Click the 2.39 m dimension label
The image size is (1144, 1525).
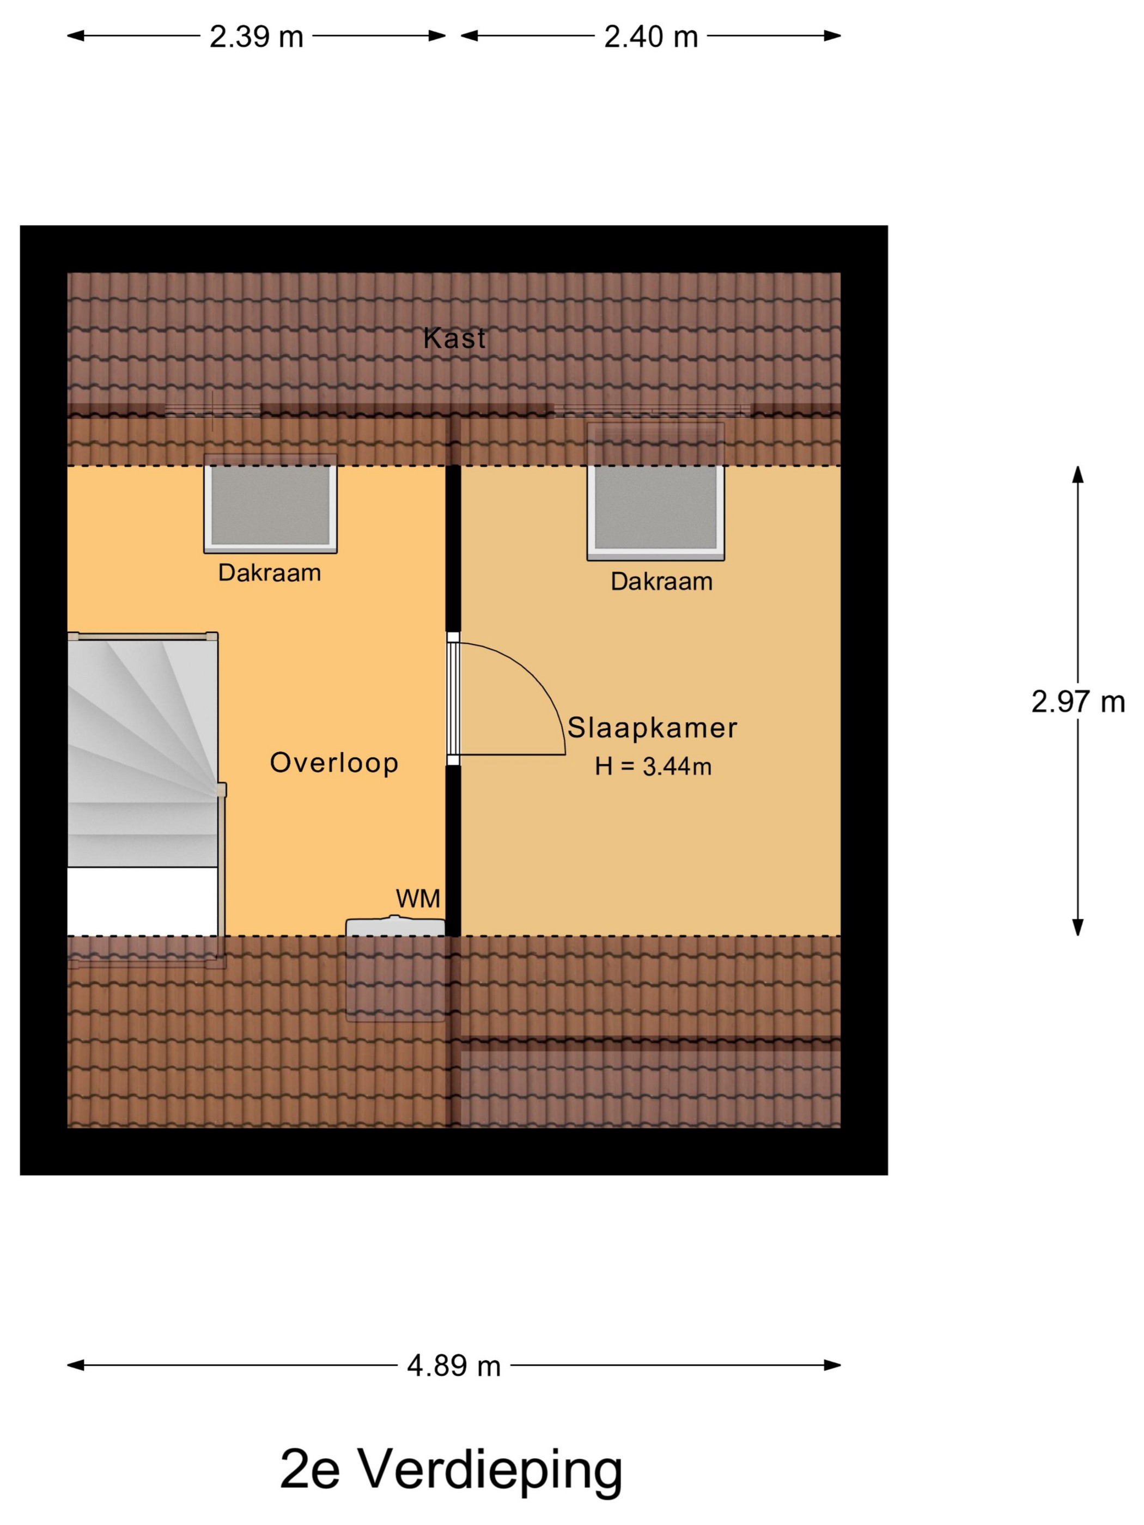[x=257, y=36]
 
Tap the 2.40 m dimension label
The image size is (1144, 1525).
[x=651, y=36]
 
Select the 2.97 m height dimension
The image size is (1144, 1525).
[x=1078, y=702]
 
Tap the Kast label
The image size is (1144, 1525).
[x=454, y=338]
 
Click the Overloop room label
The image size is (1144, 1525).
[x=334, y=763]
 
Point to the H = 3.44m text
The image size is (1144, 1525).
[x=653, y=767]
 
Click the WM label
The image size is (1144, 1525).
[x=418, y=898]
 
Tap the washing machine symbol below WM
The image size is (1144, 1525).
[x=395, y=926]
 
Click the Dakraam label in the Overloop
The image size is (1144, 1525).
[x=270, y=573]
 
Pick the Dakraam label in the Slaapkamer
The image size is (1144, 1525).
[x=661, y=582]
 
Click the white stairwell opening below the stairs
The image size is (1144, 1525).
[x=143, y=901]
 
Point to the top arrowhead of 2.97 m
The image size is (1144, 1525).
[x=1078, y=474]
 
